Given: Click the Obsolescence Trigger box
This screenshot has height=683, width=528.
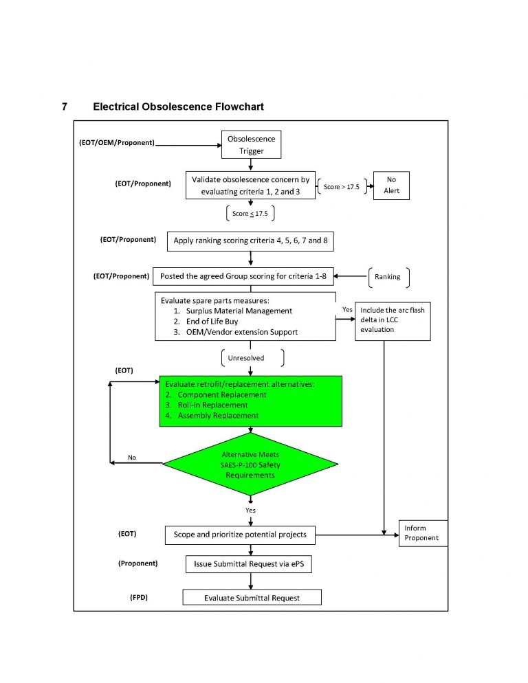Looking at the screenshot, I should tap(251, 144).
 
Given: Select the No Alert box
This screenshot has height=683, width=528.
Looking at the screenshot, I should tap(390, 186).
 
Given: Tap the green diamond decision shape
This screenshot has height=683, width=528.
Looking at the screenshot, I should tap(251, 465).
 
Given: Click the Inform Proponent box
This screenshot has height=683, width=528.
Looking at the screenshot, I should tap(423, 533).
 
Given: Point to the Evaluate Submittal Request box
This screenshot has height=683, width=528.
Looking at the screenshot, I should tap(252, 597).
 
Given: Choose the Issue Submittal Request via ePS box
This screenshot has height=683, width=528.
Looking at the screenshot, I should tap(252, 564).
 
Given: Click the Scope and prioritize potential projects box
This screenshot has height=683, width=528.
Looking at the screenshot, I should tap(244, 534).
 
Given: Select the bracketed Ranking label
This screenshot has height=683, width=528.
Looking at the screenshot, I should tap(387, 277).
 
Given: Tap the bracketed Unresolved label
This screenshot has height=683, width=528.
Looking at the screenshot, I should tap(245, 358).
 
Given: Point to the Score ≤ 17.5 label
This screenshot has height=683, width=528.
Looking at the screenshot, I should tap(250, 214).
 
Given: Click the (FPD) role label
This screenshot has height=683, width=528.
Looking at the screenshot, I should tap(139, 598).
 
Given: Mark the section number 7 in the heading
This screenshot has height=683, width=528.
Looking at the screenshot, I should tap(65, 107).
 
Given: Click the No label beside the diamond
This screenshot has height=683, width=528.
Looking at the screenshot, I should tap(132, 458).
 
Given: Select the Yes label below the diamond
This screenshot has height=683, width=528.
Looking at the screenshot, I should tap(250, 511).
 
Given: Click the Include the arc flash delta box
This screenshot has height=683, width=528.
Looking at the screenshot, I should tap(393, 320).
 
